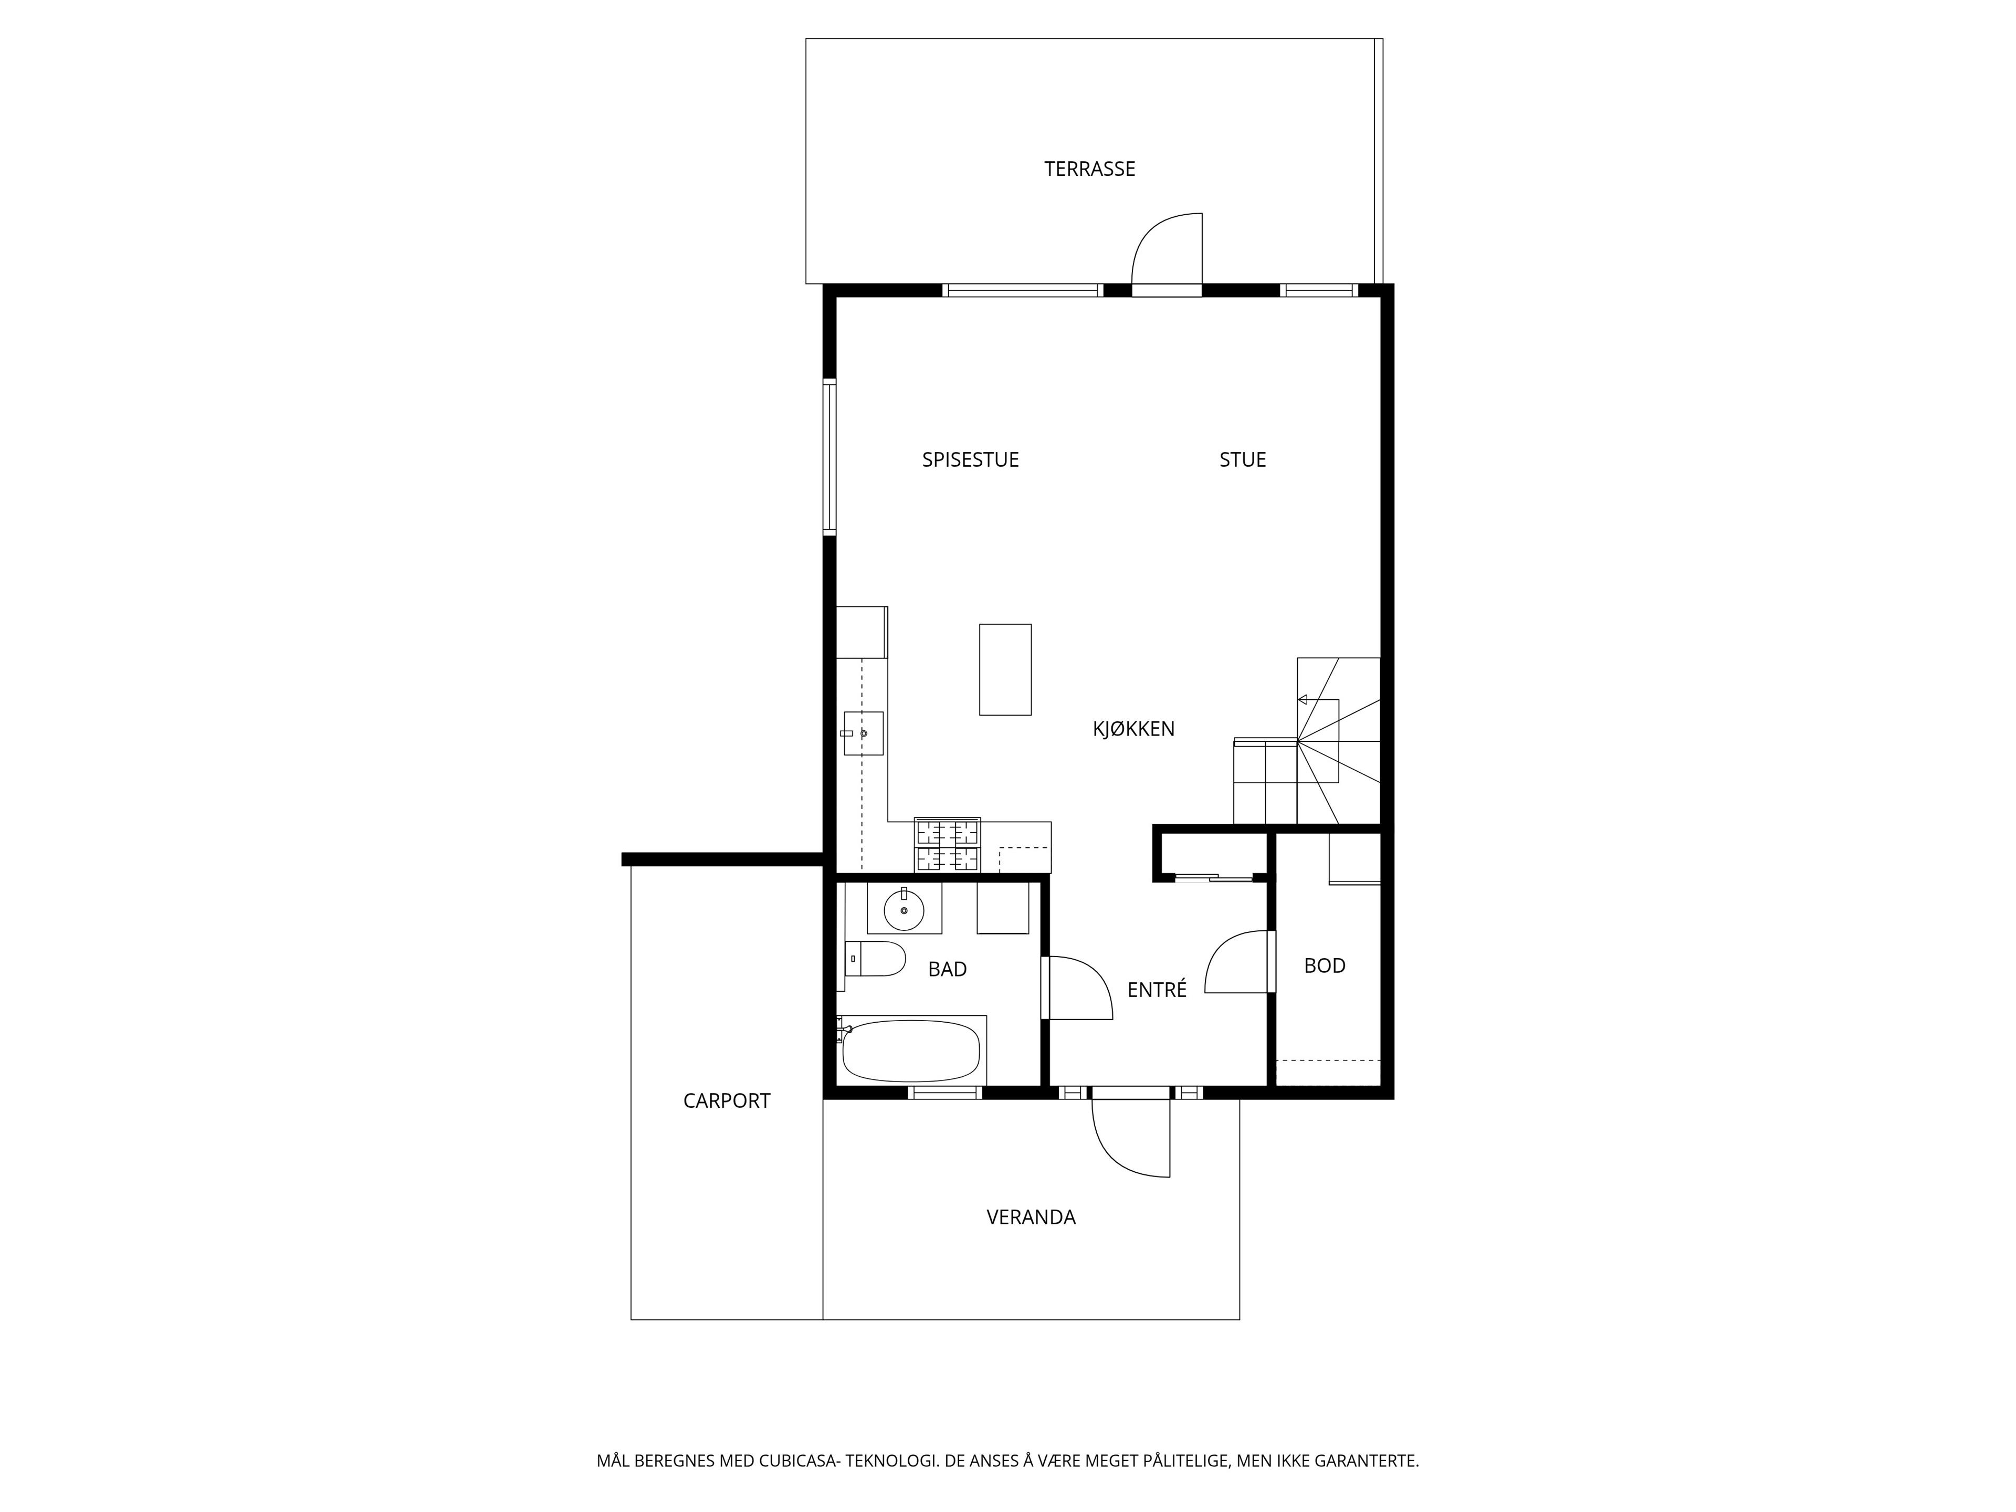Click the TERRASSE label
point(1089,169)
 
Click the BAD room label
point(947,969)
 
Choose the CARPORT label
point(727,1100)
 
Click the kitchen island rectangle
point(1005,669)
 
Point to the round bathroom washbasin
point(904,910)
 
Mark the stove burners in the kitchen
point(948,845)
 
